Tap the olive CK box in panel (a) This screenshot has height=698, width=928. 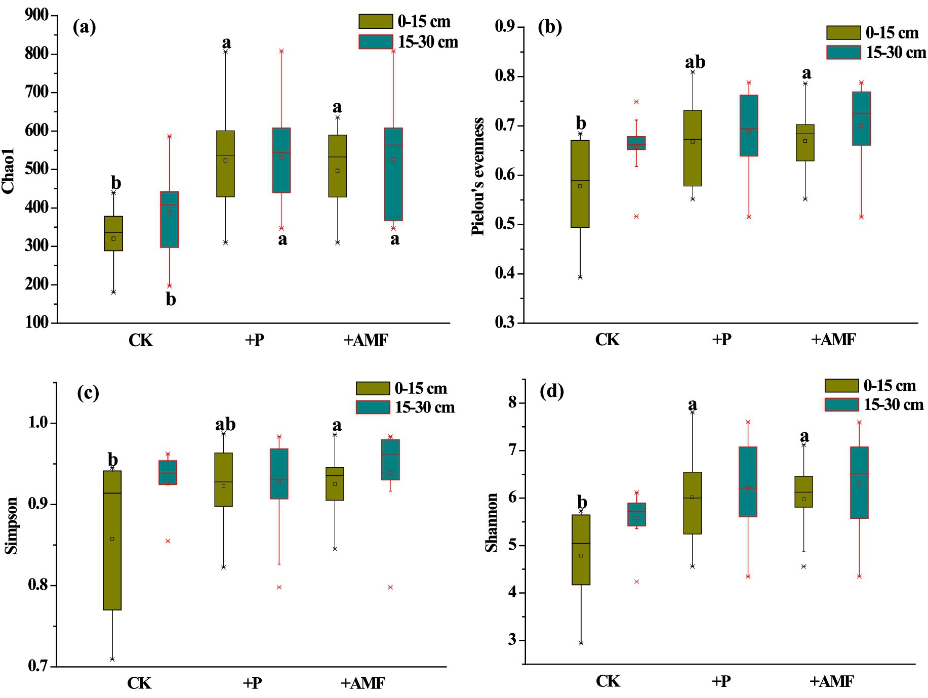tap(113, 233)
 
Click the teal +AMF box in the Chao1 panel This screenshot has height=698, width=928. tap(393, 174)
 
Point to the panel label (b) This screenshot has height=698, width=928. tap(550, 27)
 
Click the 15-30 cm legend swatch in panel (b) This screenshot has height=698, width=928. tap(843, 52)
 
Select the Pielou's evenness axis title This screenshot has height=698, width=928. tap(478, 176)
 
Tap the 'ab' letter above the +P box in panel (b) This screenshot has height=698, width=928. tap(695, 62)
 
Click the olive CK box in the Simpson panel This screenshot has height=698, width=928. tap(112, 540)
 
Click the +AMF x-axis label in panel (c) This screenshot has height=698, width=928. tap(363, 683)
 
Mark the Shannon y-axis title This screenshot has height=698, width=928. tap(492, 522)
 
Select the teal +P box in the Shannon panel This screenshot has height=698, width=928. tap(748, 481)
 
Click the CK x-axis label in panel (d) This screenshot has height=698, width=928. tap(608, 681)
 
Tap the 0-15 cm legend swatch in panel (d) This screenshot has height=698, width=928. tap(841, 386)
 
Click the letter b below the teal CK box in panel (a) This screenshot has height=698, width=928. tap(171, 300)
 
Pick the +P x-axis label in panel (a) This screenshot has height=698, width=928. tap(254, 340)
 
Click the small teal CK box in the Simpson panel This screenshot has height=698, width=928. tap(168, 472)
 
